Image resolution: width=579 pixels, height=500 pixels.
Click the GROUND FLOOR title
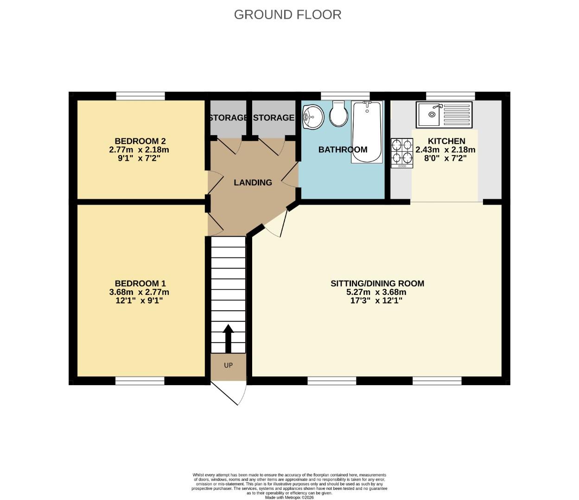[287, 14]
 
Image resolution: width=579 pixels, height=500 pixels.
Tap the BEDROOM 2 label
[140, 141]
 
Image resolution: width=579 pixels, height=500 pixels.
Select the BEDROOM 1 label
[140, 283]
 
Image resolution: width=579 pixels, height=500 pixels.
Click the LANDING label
[253, 182]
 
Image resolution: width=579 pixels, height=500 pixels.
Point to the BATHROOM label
[343, 150]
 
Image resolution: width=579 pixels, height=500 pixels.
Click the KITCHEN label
[446, 141]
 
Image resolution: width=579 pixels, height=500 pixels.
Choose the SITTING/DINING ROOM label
[377, 283]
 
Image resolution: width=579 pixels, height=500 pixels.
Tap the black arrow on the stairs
[228, 339]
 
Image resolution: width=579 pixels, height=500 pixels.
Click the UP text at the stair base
[228, 365]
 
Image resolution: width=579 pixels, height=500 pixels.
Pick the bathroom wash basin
[313, 116]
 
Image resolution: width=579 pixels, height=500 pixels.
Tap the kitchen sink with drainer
[444, 114]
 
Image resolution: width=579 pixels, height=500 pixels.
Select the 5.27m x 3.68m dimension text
[376, 292]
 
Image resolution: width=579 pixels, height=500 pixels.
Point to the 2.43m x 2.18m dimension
[445, 150]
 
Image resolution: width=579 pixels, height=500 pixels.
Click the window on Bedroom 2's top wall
[140, 96]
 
